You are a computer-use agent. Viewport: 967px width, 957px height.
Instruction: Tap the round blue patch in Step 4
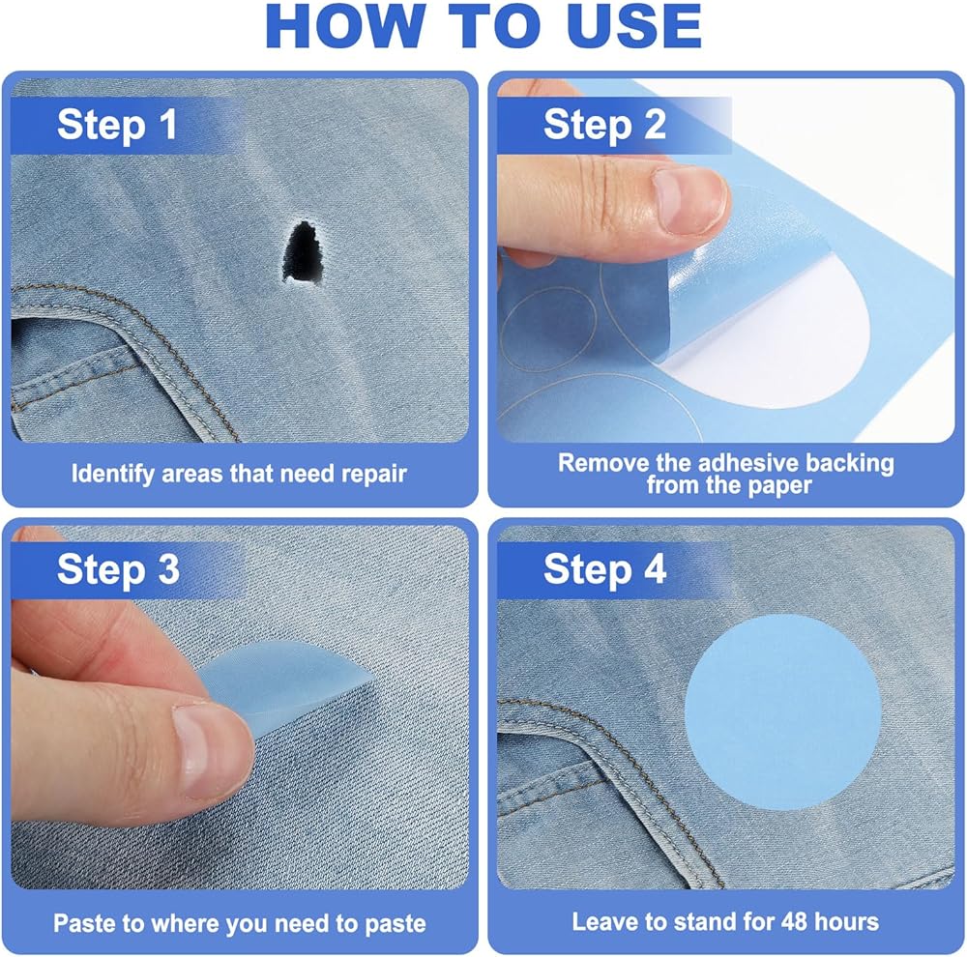pos(782,711)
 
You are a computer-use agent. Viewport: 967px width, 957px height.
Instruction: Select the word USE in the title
pos(634,26)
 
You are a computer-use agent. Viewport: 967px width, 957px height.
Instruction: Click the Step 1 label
pos(117,125)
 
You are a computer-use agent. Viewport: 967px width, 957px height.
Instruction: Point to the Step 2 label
pos(604,125)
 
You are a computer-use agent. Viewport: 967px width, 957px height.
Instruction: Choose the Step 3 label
pos(118,569)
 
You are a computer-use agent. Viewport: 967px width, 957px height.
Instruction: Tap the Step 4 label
pos(604,569)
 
